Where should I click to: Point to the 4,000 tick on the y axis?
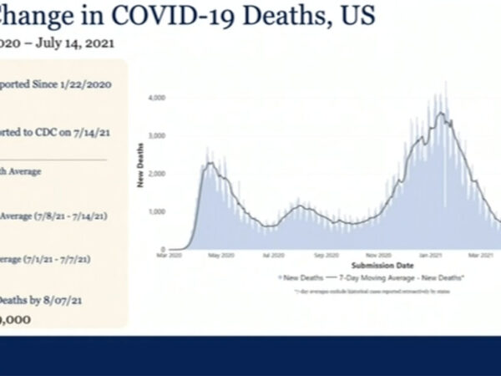(x=155, y=98)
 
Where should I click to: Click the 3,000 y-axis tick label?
(x=155, y=135)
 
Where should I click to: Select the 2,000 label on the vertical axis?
(x=155, y=174)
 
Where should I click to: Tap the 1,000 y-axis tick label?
(x=155, y=211)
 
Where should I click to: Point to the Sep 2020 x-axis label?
(x=326, y=256)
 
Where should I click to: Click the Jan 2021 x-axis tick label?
(x=430, y=256)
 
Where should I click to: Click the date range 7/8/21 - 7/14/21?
(x=75, y=216)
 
